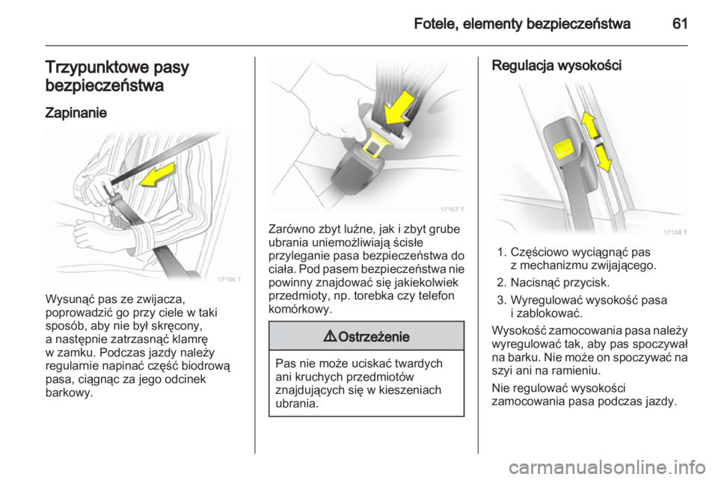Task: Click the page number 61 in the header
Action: click(x=678, y=24)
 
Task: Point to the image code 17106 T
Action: click(x=230, y=278)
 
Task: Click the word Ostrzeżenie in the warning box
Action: click(x=375, y=336)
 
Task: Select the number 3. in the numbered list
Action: click(x=502, y=300)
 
